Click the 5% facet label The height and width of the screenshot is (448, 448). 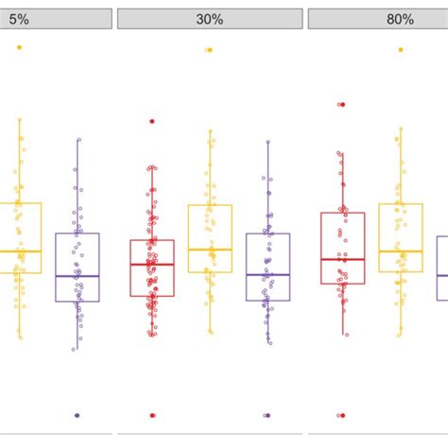click(x=19, y=19)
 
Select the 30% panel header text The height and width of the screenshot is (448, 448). click(x=210, y=19)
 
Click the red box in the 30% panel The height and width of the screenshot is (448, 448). click(x=152, y=267)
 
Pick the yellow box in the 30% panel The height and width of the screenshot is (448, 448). click(x=210, y=238)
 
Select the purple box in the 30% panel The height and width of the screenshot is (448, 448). click(x=267, y=267)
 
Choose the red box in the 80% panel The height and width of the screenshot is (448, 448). click(x=342, y=247)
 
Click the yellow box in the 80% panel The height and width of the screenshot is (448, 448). click(x=400, y=237)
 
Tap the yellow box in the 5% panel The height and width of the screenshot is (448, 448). click(x=20, y=237)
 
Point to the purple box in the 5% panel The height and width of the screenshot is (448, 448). click(x=78, y=267)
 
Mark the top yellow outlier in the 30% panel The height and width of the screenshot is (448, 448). click(x=210, y=50)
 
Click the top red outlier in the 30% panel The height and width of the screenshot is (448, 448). click(x=152, y=121)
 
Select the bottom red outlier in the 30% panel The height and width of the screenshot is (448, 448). click(x=152, y=415)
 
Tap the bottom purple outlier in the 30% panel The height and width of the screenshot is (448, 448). click(x=267, y=415)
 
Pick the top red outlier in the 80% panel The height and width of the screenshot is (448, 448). click(x=342, y=104)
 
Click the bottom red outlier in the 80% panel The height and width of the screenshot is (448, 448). click(x=342, y=415)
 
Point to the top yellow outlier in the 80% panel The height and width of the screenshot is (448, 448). click(x=400, y=49)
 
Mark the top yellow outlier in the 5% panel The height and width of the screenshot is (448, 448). click(x=20, y=47)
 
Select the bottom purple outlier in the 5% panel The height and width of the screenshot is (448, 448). click(x=78, y=415)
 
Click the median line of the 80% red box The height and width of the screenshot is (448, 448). click(x=342, y=259)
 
